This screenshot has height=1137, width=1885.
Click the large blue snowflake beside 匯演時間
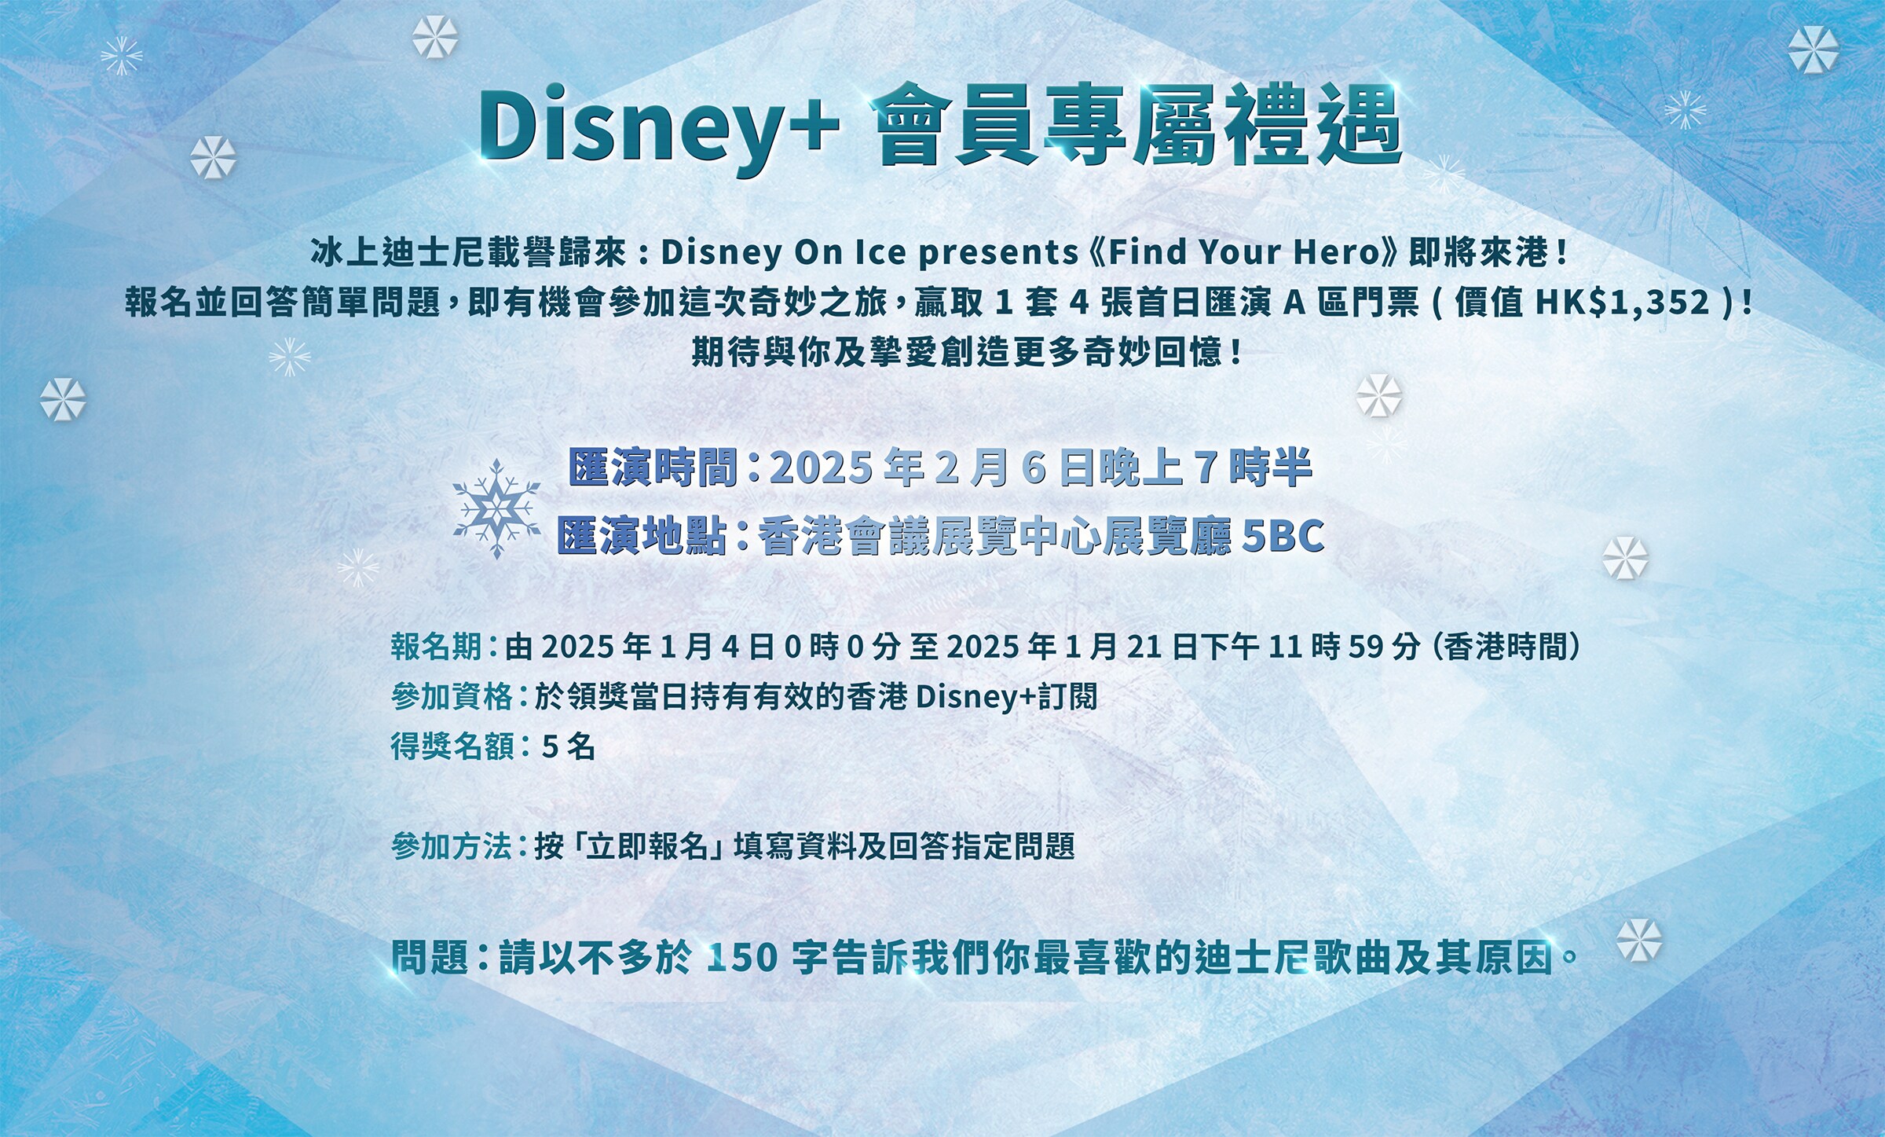tap(496, 509)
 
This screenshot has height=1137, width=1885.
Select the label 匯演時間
tap(653, 468)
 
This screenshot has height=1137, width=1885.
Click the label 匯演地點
tap(642, 536)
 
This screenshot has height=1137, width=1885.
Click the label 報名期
tap(437, 647)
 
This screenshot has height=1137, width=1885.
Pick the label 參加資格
tap(452, 696)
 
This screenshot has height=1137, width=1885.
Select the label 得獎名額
tap(452, 746)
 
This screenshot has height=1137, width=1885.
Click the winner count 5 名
tap(569, 746)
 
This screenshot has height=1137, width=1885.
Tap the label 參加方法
tap(452, 846)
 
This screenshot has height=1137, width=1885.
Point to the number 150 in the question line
tap(742, 958)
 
